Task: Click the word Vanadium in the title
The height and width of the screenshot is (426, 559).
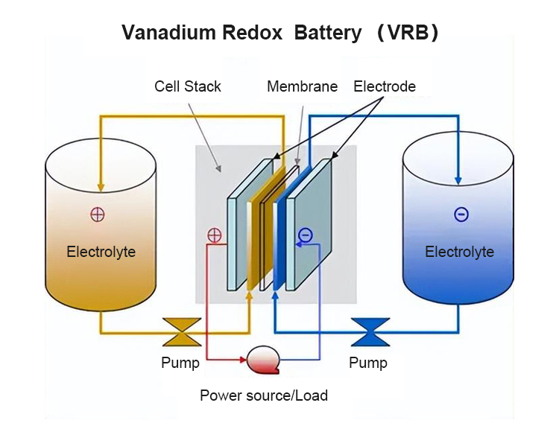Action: click(162, 33)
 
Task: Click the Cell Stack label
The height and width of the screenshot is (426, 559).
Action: click(188, 86)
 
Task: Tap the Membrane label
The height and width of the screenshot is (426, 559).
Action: click(302, 86)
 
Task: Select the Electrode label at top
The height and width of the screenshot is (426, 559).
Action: click(385, 86)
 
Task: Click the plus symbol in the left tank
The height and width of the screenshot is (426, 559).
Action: click(98, 214)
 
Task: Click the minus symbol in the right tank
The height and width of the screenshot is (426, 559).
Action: click(461, 214)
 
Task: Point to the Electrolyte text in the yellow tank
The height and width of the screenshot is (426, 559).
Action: click(101, 252)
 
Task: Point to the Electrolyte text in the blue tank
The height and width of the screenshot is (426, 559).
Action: click(459, 252)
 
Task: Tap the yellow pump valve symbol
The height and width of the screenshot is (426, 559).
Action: click(181, 332)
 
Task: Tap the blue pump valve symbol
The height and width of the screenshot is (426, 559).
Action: click(370, 332)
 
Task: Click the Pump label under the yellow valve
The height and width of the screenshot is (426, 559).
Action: click(180, 363)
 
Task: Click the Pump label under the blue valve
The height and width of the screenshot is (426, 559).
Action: click(368, 363)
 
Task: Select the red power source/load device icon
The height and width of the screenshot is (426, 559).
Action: click(262, 360)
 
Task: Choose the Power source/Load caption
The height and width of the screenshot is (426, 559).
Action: click(263, 395)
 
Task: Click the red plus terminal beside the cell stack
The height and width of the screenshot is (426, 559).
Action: click(214, 235)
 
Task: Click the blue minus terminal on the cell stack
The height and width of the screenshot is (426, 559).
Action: click(305, 235)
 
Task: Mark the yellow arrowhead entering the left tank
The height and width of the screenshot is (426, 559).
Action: click(101, 186)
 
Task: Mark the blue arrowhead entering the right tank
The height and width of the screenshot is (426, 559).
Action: click(458, 181)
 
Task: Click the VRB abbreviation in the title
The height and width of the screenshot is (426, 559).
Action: click(407, 33)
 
